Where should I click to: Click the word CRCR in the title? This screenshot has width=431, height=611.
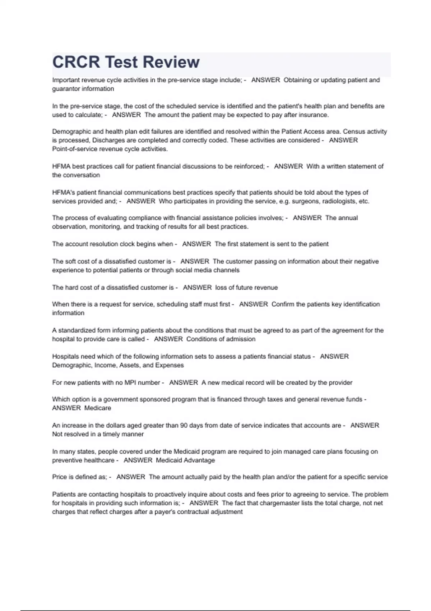point(76,62)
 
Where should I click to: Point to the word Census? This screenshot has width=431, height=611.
point(354,132)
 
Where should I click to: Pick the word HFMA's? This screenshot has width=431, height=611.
point(64,193)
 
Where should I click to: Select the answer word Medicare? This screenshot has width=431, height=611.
point(98,408)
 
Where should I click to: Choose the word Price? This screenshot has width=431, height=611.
point(59,477)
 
